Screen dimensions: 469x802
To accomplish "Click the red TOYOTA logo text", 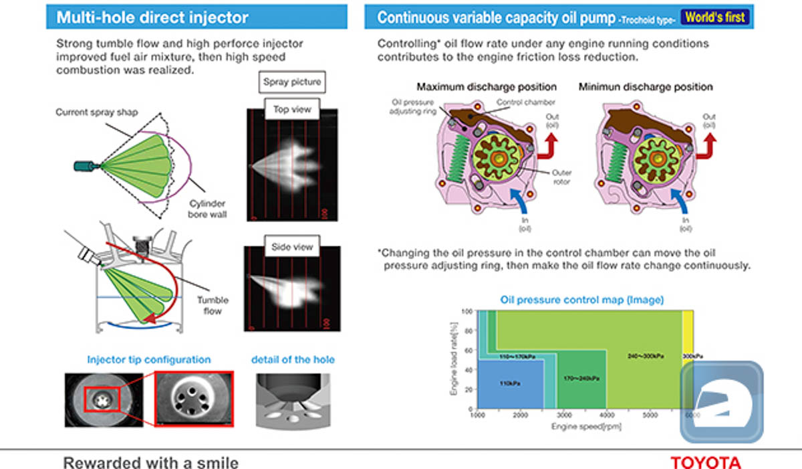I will [x=706, y=462].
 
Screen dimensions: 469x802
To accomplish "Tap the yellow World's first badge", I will [x=716, y=17].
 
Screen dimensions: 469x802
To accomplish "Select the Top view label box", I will [x=292, y=109].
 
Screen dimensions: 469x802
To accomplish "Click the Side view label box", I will [x=292, y=247].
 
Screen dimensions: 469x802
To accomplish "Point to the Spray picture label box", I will [x=292, y=82].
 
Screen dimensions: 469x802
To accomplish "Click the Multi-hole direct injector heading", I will [x=152, y=17].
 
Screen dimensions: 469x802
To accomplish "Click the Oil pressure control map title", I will [x=581, y=299].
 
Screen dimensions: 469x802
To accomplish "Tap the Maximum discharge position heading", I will [x=487, y=87].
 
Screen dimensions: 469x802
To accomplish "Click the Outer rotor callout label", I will [x=561, y=177].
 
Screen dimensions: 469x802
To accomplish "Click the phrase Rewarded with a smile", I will [x=150, y=462].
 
